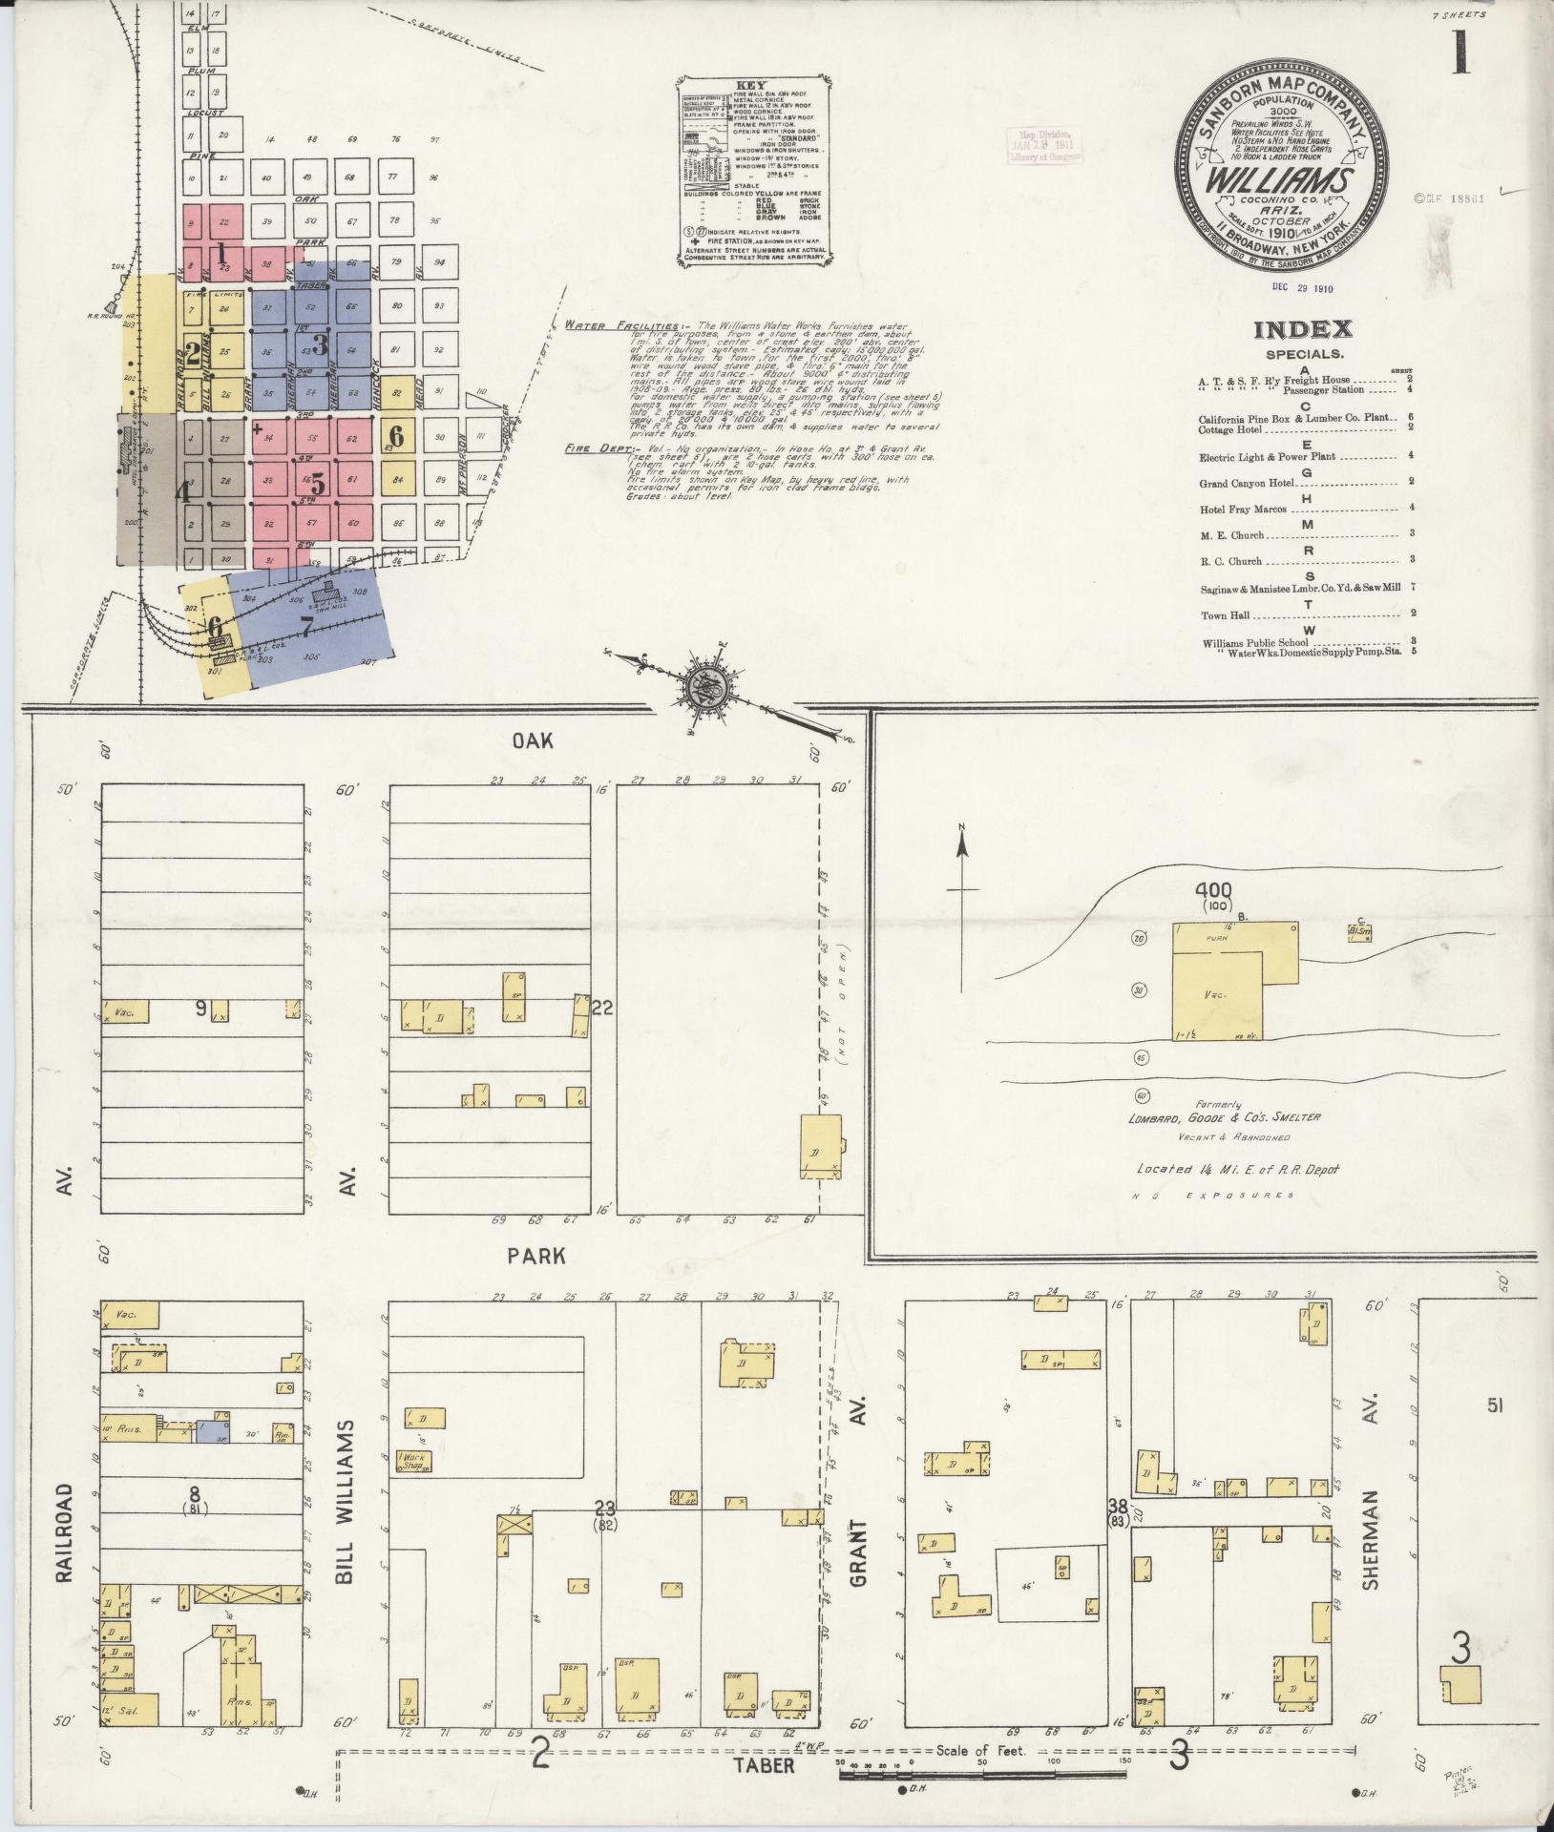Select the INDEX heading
coord(1302,330)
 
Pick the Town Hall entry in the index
coord(1226,615)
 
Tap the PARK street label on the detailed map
coord(538,1255)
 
